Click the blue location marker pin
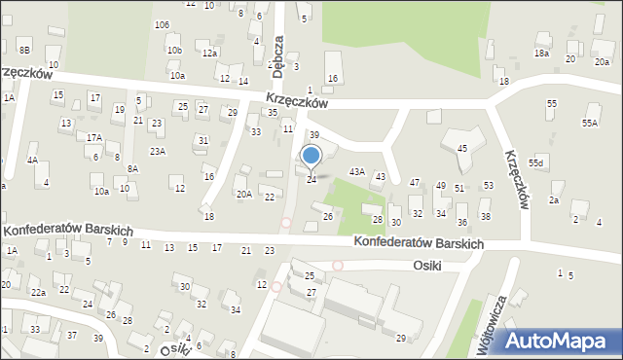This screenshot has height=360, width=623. [x=311, y=156]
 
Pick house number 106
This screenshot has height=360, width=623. [x=162, y=24]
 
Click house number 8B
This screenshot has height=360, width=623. [x=24, y=50]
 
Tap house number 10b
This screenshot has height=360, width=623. [x=173, y=50]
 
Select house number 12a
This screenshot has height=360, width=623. [x=209, y=54]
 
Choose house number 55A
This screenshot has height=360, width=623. [x=590, y=124]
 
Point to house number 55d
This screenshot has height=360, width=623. [x=536, y=162]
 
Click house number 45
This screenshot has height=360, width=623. [x=462, y=148]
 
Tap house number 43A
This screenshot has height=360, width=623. [x=357, y=172]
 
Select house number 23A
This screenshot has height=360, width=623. [x=157, y=152]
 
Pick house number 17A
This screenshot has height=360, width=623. [x=93, y=138]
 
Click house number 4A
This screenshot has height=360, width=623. [x=32, y=160]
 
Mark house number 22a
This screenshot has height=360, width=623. [x=38, y=292]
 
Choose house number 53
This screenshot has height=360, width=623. [x=488, y=185]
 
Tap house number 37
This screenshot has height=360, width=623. [x=71, y=336]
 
